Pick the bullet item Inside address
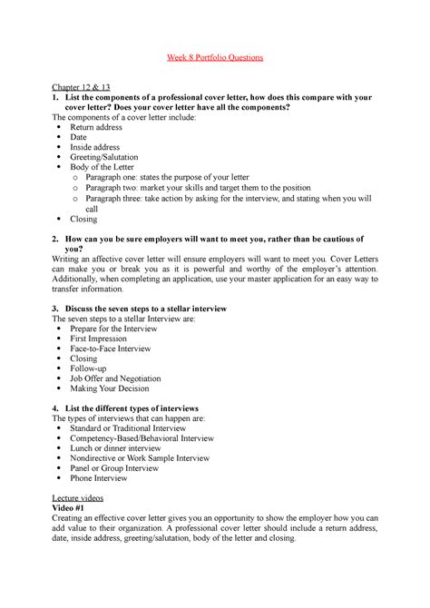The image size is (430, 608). pyautogui.click(x=97, y=152)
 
